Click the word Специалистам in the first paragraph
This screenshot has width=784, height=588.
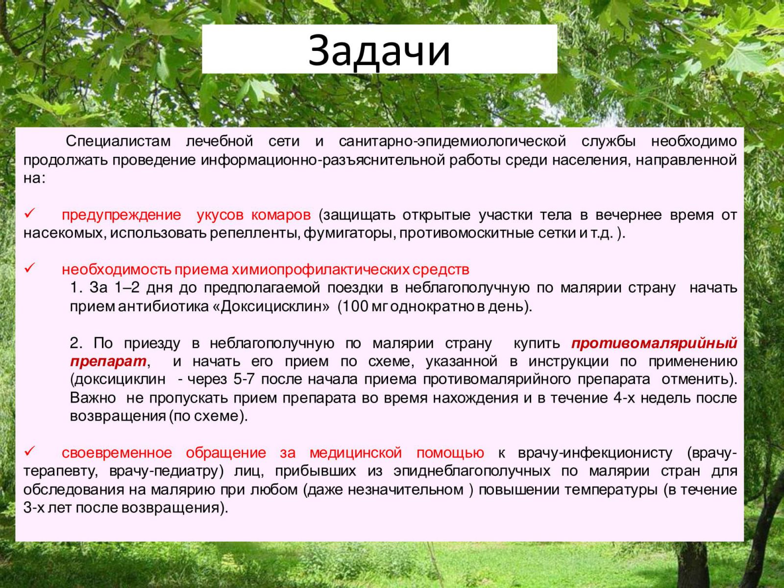(x=118, y=142)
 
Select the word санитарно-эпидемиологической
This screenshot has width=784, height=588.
(x=452, y=142)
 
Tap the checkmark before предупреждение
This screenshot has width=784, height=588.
(x=30, y=214)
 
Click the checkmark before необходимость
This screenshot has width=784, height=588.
(x=30, y=268)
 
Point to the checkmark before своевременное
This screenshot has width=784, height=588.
(x=30, y=451)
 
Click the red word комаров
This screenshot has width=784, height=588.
(x=281, y=215)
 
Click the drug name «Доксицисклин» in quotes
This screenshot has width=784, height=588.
(x=271, y=307)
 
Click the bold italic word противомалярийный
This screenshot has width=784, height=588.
(x=654, y=343)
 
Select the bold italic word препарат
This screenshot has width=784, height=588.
(x=108, y=362)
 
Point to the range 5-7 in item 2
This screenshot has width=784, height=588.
(x=244, y=379)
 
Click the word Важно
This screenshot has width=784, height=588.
(x=93, y=398)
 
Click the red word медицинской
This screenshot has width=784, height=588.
(x=356, y=453)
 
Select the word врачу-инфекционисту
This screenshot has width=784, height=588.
(x=595, y=453)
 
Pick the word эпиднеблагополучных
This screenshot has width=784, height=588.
(x=472, y=471)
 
